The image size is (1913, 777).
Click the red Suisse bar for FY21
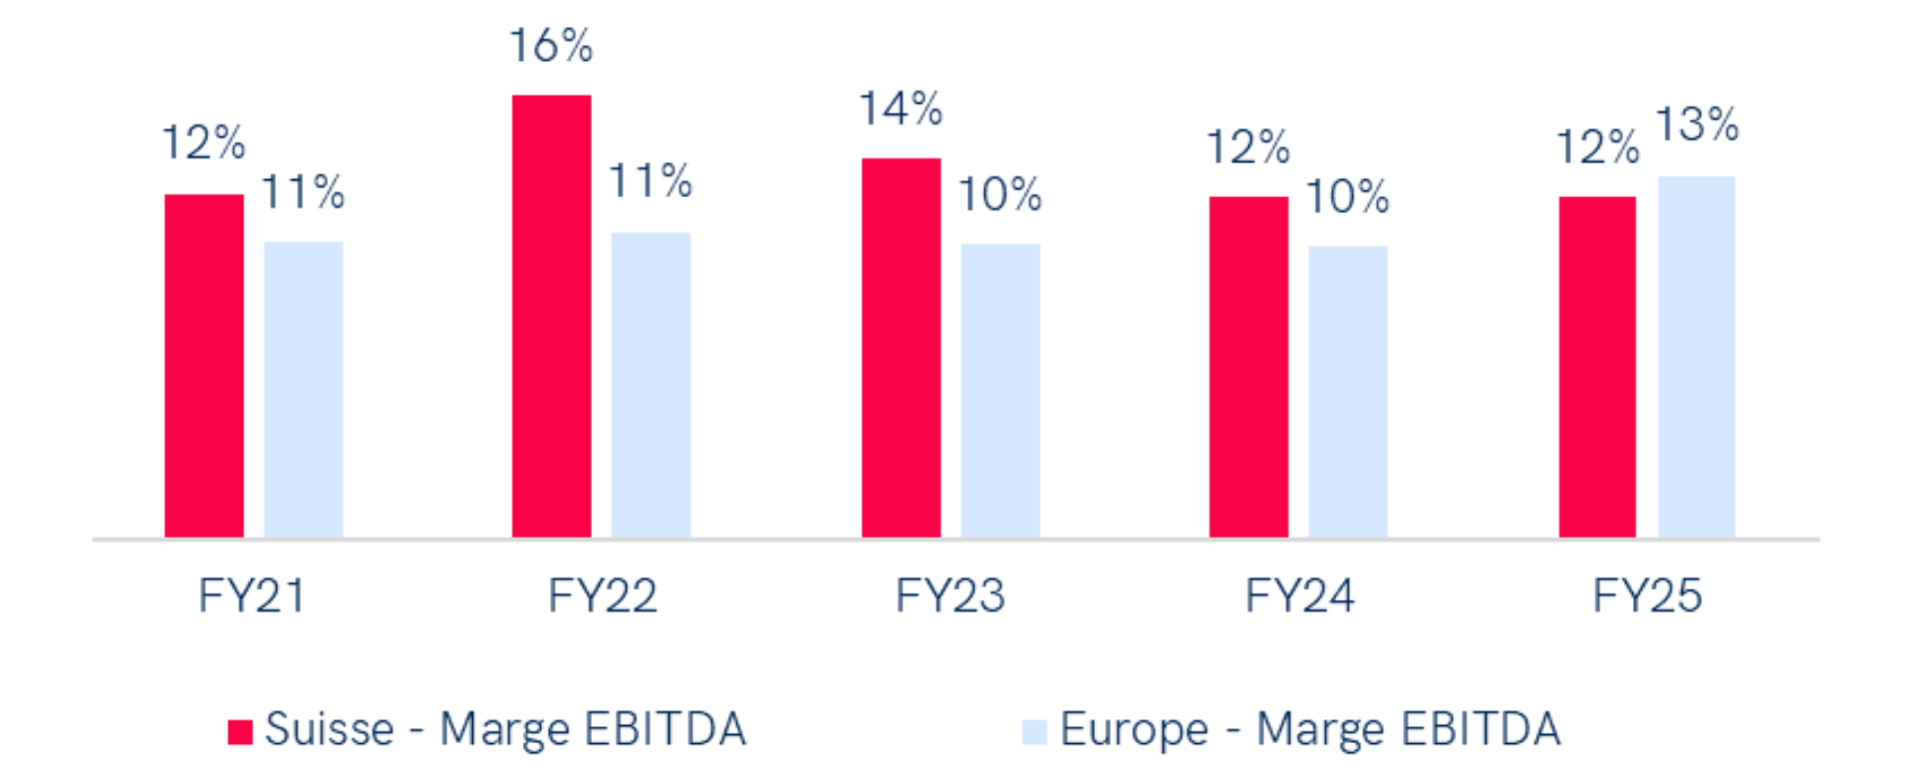[x=204, y=366]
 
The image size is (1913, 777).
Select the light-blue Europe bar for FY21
[x=303, y=389]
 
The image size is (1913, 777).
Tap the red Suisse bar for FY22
[x=551, y=316]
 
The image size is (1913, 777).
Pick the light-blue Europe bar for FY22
[x=651, y=385]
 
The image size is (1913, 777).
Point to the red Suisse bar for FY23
[x=901, y=348]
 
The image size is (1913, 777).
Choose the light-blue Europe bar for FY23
[x=1000, y=390]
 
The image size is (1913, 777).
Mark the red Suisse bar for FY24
[x=1248, y=367]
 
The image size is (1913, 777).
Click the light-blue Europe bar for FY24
[x=1347, y=391]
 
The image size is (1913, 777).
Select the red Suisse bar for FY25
[x=1597, y=367]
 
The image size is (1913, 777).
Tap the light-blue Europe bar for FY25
[x=1696, y=357]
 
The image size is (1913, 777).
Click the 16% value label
[x=551, y=47]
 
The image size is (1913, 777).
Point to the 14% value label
[x=901, y=110]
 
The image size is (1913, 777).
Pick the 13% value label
[x=1697, y=126]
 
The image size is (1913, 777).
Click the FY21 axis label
[x=251, y=597]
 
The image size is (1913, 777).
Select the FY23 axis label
[x=950, y=597]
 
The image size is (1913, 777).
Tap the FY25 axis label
[x=1647, y=597]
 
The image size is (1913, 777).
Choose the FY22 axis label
[x=602, y=597]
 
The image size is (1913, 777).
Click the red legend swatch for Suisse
[x=240, y=732]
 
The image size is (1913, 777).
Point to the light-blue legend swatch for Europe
[x=1034, y=732]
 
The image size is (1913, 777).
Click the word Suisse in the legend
[x=330, y=730]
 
